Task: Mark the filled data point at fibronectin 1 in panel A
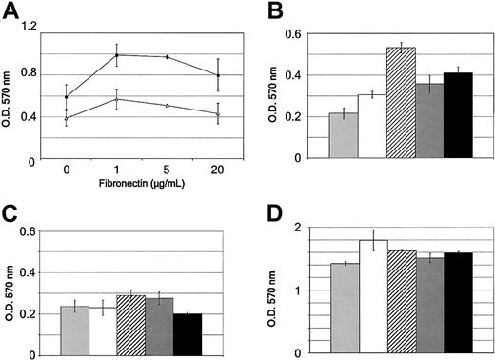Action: pos(116,54)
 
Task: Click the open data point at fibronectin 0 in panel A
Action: pos(66,118)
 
